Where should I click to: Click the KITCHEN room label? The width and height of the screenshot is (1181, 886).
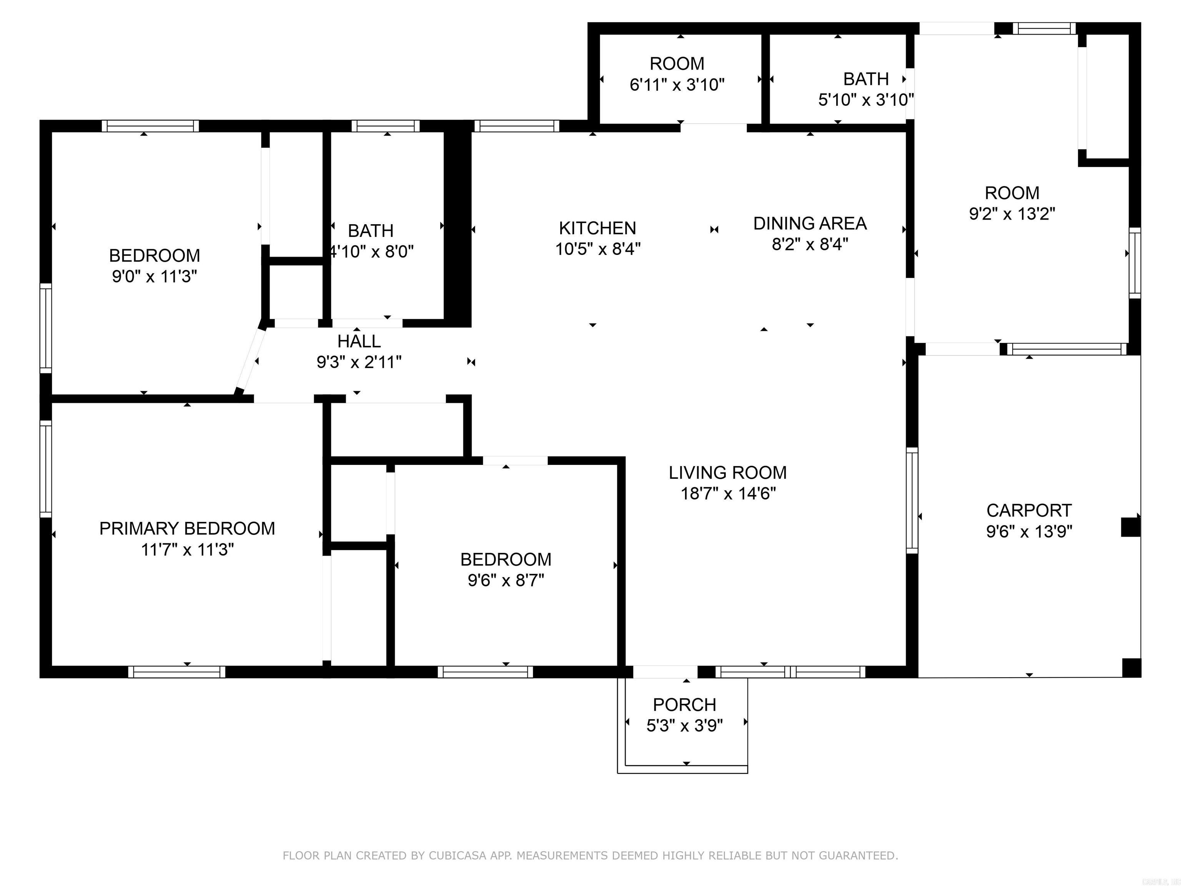tap(597, 228)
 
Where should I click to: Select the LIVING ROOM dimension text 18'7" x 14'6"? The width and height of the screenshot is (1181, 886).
tap(728, 493)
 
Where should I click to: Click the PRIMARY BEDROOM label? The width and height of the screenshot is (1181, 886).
tap(187, 528)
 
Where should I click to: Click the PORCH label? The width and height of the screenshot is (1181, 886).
tap(684, 704)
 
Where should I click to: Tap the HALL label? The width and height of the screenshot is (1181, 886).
tap(359, 341)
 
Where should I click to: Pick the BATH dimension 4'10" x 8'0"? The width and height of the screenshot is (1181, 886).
tap(372, 251)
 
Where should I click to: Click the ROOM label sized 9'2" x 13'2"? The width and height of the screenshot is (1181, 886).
tap(1012, 193)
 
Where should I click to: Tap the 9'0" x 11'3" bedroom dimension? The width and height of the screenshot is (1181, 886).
tap(154, 276)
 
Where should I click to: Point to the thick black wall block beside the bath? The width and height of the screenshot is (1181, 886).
tap(458, 227)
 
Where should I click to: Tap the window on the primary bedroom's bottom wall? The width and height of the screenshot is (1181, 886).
tap(177, 672)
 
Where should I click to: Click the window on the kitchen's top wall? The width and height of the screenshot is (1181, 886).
tap(516, 126)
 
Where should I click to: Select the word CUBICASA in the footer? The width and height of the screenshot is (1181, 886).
tap(457, 856)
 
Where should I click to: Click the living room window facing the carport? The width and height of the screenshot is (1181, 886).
tap(912, 500)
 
